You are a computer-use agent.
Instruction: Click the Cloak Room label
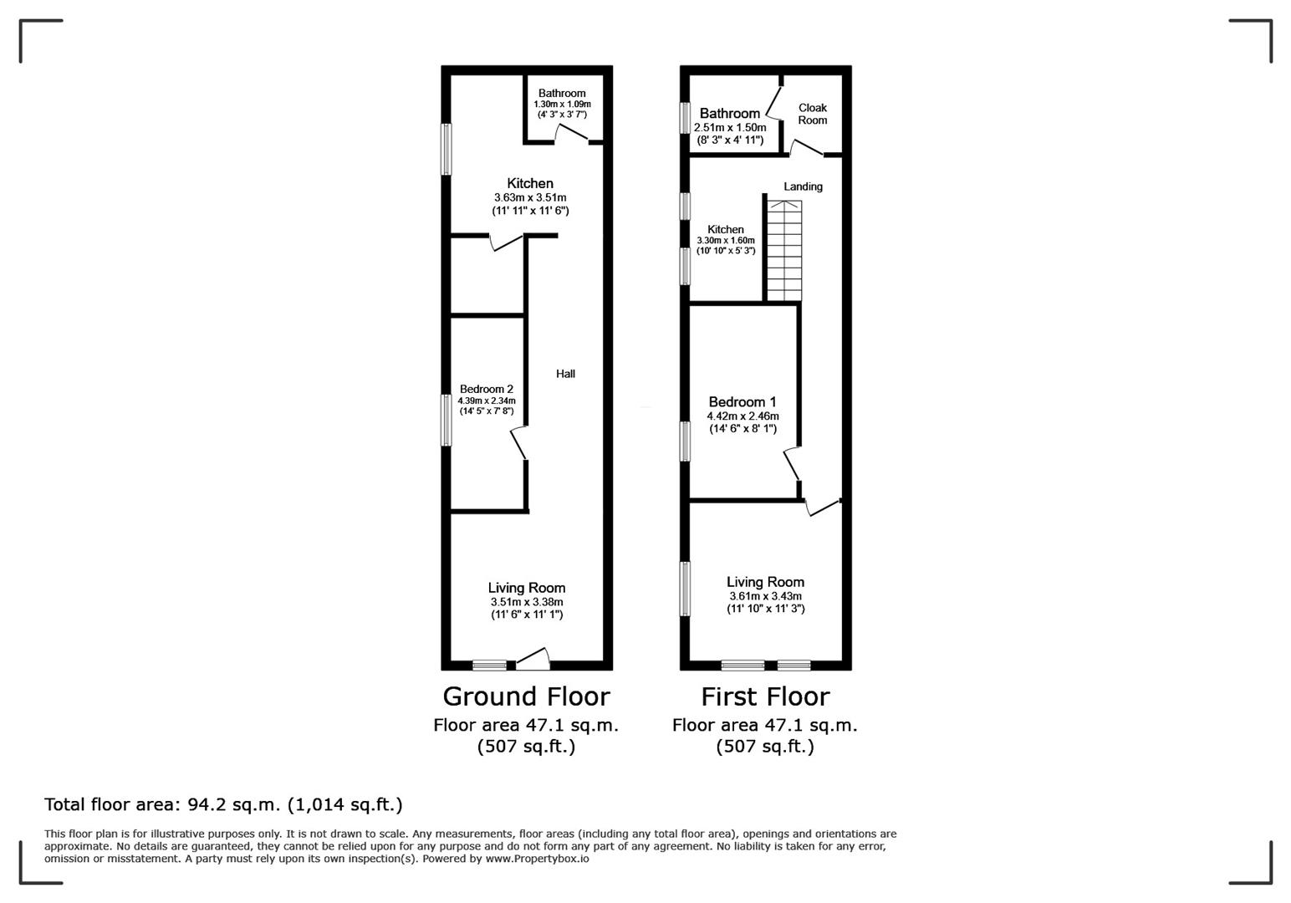click(813, 114)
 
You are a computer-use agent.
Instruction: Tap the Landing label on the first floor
click(803, 186)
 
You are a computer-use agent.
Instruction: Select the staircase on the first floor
click(784, 251)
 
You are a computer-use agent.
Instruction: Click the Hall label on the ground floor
click(565, 374)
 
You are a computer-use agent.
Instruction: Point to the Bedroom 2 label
click(487, 389)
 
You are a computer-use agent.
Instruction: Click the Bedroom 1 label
click(742, 401)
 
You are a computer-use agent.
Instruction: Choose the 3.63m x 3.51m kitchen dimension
click(530, 197)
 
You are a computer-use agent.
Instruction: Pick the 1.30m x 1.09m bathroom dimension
click(562, 105)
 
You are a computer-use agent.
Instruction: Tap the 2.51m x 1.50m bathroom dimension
click(730, 127)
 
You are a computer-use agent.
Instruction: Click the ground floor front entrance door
click(533, 659)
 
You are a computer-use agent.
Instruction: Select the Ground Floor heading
click(526, 696)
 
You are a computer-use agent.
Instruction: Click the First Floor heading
click(765, 696)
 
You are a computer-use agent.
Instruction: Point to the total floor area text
click(223, 804)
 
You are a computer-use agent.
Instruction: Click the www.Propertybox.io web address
click(537, 858)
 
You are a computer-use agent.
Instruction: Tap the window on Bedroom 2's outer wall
click(446, 420)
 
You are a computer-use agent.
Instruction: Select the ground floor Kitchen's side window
click(446, 150)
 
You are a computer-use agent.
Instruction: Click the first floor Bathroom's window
click(685, 118)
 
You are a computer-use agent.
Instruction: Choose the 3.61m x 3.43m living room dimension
click(765, 596)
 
